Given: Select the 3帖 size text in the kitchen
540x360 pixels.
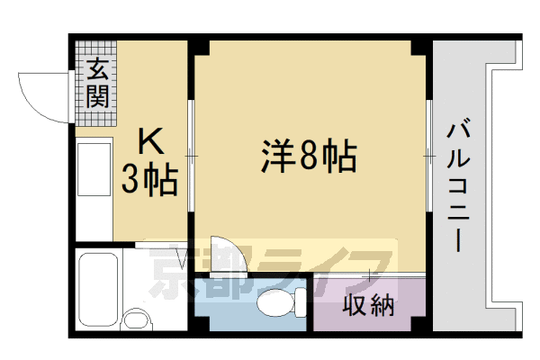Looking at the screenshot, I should pos(149,181).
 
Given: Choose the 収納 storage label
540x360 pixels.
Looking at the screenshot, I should pos(369,305).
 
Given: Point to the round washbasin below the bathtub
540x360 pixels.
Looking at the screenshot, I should pos(136,321).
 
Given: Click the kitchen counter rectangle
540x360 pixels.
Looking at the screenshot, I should pos(92,190).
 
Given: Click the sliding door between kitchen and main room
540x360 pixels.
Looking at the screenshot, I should pos(191,157).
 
